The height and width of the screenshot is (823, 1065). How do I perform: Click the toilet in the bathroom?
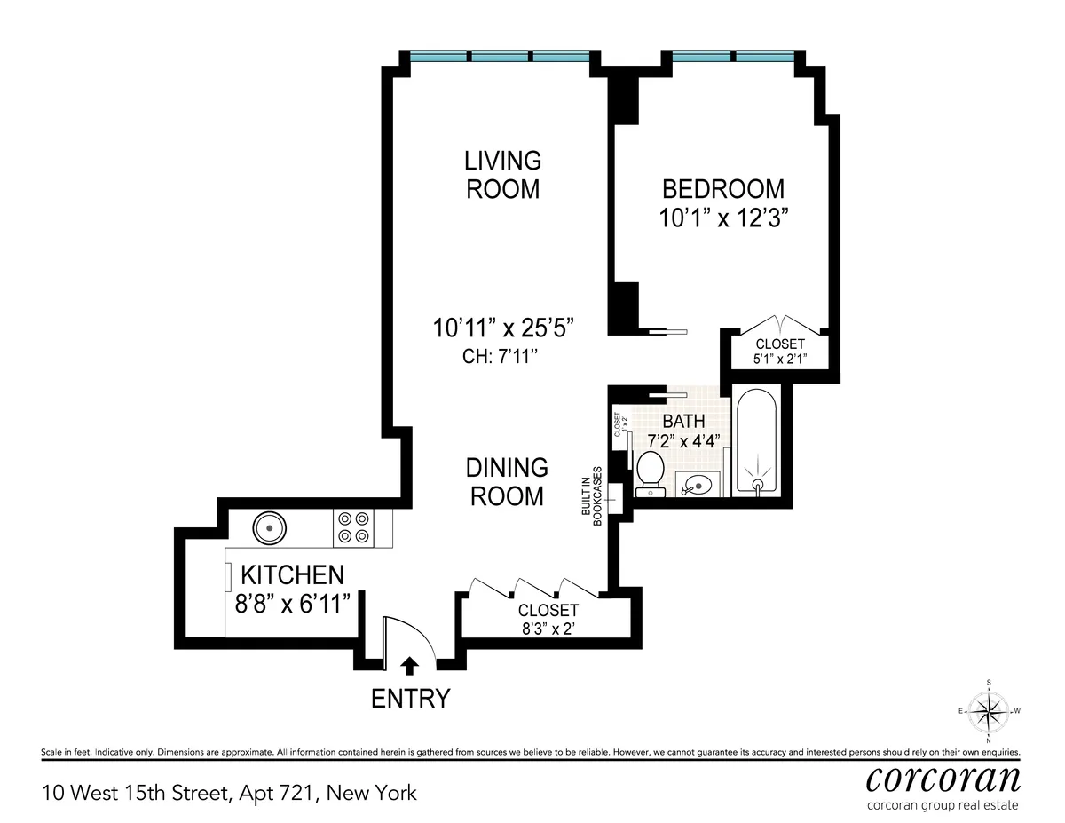(651, 469)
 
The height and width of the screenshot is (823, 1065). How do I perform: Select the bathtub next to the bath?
(756, 441)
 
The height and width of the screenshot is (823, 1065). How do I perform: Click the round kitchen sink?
(269, 529)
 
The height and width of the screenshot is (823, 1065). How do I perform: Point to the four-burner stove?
(352, 528)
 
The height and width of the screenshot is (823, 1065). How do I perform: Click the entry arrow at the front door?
(409, 664)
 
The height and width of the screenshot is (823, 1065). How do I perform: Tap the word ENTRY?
(410, 699)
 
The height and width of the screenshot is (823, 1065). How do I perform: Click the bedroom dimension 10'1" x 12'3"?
(724, 218)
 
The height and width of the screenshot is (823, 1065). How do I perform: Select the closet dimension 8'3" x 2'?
(548, 629)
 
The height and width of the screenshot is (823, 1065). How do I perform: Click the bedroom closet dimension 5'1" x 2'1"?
(779, 360)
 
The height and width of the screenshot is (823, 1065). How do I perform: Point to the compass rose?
(989, 711)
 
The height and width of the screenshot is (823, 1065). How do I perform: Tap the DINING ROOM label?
(507, 481)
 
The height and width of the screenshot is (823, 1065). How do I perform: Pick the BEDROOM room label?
(724, 188)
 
